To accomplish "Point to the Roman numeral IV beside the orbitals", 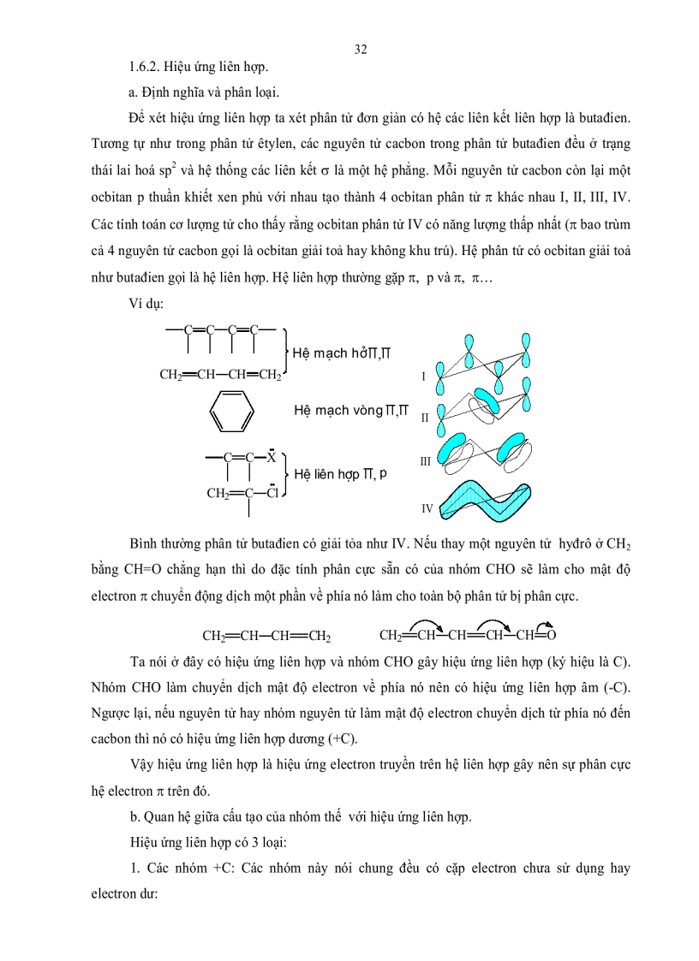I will click(427, 508).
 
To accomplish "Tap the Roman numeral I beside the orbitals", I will click(423, 376).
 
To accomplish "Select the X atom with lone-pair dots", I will click(271, 458).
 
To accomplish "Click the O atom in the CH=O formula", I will click(551, 636).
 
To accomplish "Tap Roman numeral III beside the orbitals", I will click(426, 461).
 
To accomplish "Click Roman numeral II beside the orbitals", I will click(425, 418).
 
